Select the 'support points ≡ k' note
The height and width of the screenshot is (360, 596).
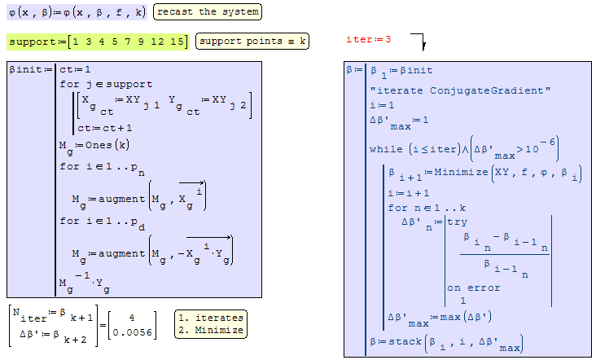(x=252, y=42)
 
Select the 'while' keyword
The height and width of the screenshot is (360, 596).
(x=386, y=149)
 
